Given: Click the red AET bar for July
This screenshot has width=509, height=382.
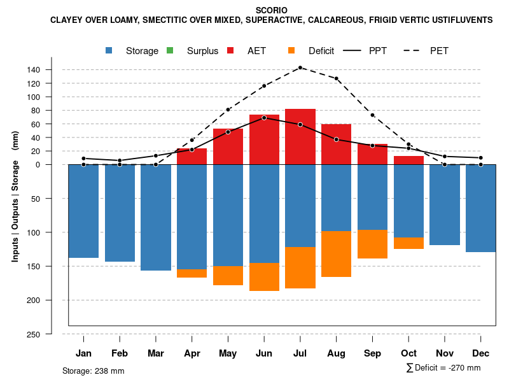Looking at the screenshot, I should coord(300,137).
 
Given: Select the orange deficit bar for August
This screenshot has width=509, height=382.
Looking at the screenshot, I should coord(337,254).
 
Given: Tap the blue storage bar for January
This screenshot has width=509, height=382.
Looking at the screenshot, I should coord(83,211).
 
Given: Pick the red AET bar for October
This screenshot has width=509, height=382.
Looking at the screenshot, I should coord(408,160).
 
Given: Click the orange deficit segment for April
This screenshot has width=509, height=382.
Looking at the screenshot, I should coord(192,273).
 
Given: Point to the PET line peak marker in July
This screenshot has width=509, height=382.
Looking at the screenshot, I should coord(300,67).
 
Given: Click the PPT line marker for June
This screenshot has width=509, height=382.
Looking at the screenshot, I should coord(264,118).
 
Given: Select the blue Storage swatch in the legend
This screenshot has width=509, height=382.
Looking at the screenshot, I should coord(109,51).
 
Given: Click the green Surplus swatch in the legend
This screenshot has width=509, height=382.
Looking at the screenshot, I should coord(170,51).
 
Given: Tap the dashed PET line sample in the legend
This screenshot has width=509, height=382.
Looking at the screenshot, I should coord(415,51).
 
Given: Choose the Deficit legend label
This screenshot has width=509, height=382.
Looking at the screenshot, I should coord(321,51).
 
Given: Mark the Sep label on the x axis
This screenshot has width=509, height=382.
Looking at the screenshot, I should coord(373,353).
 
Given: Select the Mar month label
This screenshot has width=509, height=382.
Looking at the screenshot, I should coord(156,353).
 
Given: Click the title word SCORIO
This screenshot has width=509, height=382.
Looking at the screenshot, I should coord(271,10).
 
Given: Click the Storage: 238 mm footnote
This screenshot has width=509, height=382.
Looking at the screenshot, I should coord(93,371).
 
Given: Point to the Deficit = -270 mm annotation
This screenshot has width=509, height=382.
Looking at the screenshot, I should coord(443,368).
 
